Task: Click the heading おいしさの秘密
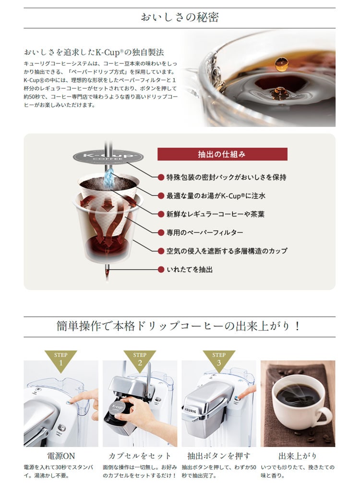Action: pos(180,18)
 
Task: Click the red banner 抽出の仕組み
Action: pos(222,154)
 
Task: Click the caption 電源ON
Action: pos(61,456)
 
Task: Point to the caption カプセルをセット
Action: pos(140,456)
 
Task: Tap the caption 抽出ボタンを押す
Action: pos(218,456)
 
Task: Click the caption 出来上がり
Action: pos(298,456)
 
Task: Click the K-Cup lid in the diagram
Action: pos(108,157)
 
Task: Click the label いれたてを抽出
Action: pos(190,269)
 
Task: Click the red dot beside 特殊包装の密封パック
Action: pos(161,177)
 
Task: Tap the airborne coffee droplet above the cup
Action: pos(282,63)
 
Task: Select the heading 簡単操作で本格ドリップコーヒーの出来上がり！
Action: pos(180,326)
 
